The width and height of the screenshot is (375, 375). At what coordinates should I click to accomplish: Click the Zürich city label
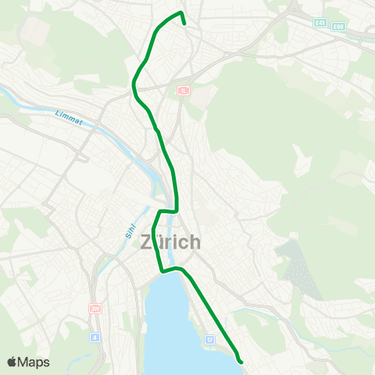170,242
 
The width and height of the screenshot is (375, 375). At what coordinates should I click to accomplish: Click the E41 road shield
321,23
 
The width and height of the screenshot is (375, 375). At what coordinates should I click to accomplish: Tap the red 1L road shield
184,91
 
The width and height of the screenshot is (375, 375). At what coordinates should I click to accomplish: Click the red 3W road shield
96,309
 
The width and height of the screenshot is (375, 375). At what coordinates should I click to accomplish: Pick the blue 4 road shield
95,337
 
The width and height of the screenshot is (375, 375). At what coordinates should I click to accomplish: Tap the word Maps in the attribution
34,362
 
